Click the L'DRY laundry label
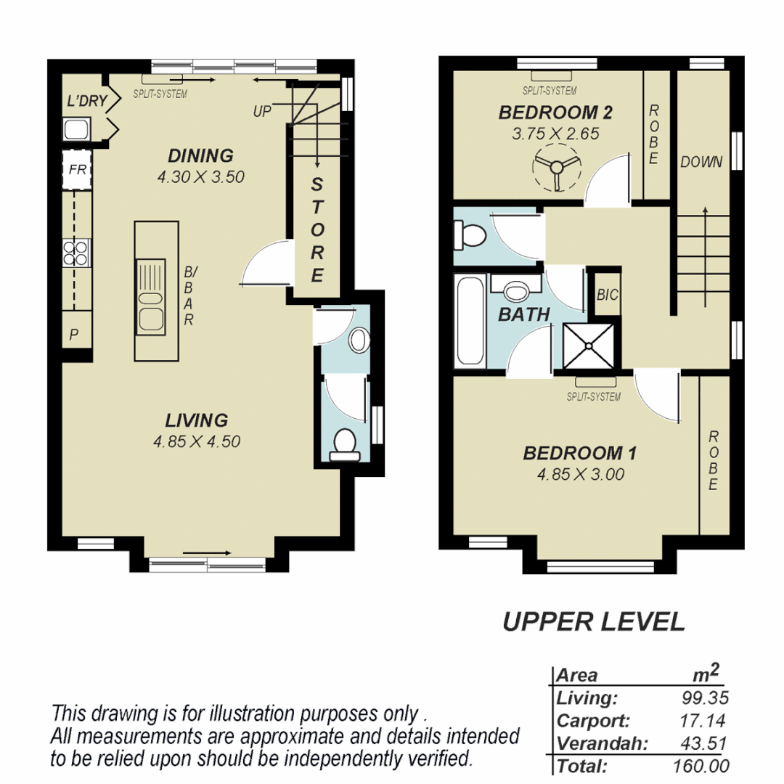pyautogui.click(x=86, y=102)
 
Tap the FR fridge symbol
pyautogui.click(x=77, y=170)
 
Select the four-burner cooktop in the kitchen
pyautogui.click(x=76, y=253)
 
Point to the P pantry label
pyautogui.click(x=74, y=335)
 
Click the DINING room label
pyautogui.click(x=200, y=155)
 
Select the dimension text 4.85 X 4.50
pyautogui.click(x=196, y=441)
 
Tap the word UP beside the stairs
pyautogui.click(x=263, y=112)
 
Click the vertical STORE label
pyautogui.click(x=317, y=229)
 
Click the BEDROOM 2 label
pyautogui.click(x=555, y=113)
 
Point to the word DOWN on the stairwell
pyautogui.click(x=701, y=162)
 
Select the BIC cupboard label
pyautogui.click(x=607, y=295)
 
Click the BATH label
pyautogui.click(x=523, y=315)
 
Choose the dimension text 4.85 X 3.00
pyautogui.click(x=580, y=474)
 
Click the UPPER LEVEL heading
pyautogui.click(x=593, y=621)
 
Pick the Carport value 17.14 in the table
pyautogui.click(x=706, y=722)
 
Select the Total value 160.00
pyautogui.click(x=701, y=766)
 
